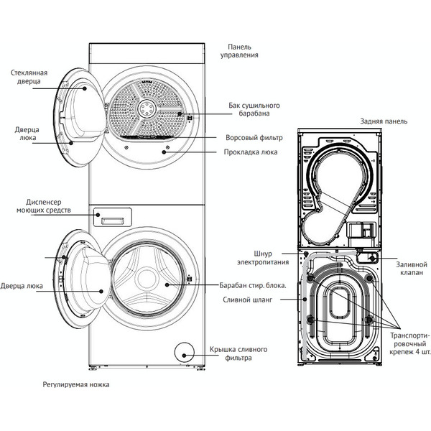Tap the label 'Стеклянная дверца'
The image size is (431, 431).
click(x=29, y=77)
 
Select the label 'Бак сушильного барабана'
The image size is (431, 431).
click(x=249, y=110)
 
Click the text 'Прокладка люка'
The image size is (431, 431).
click(x=251, y=152)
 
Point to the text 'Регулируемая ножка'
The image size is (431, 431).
click(x=75, y=385)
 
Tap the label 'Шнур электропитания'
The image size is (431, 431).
click(x=260, y=256)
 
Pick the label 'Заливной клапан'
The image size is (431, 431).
click(x=412, y=268)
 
